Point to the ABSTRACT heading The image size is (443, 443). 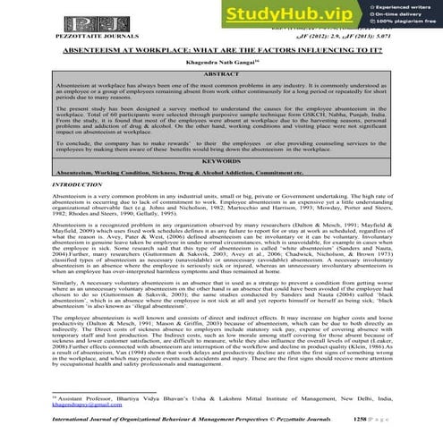click(221, 78)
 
